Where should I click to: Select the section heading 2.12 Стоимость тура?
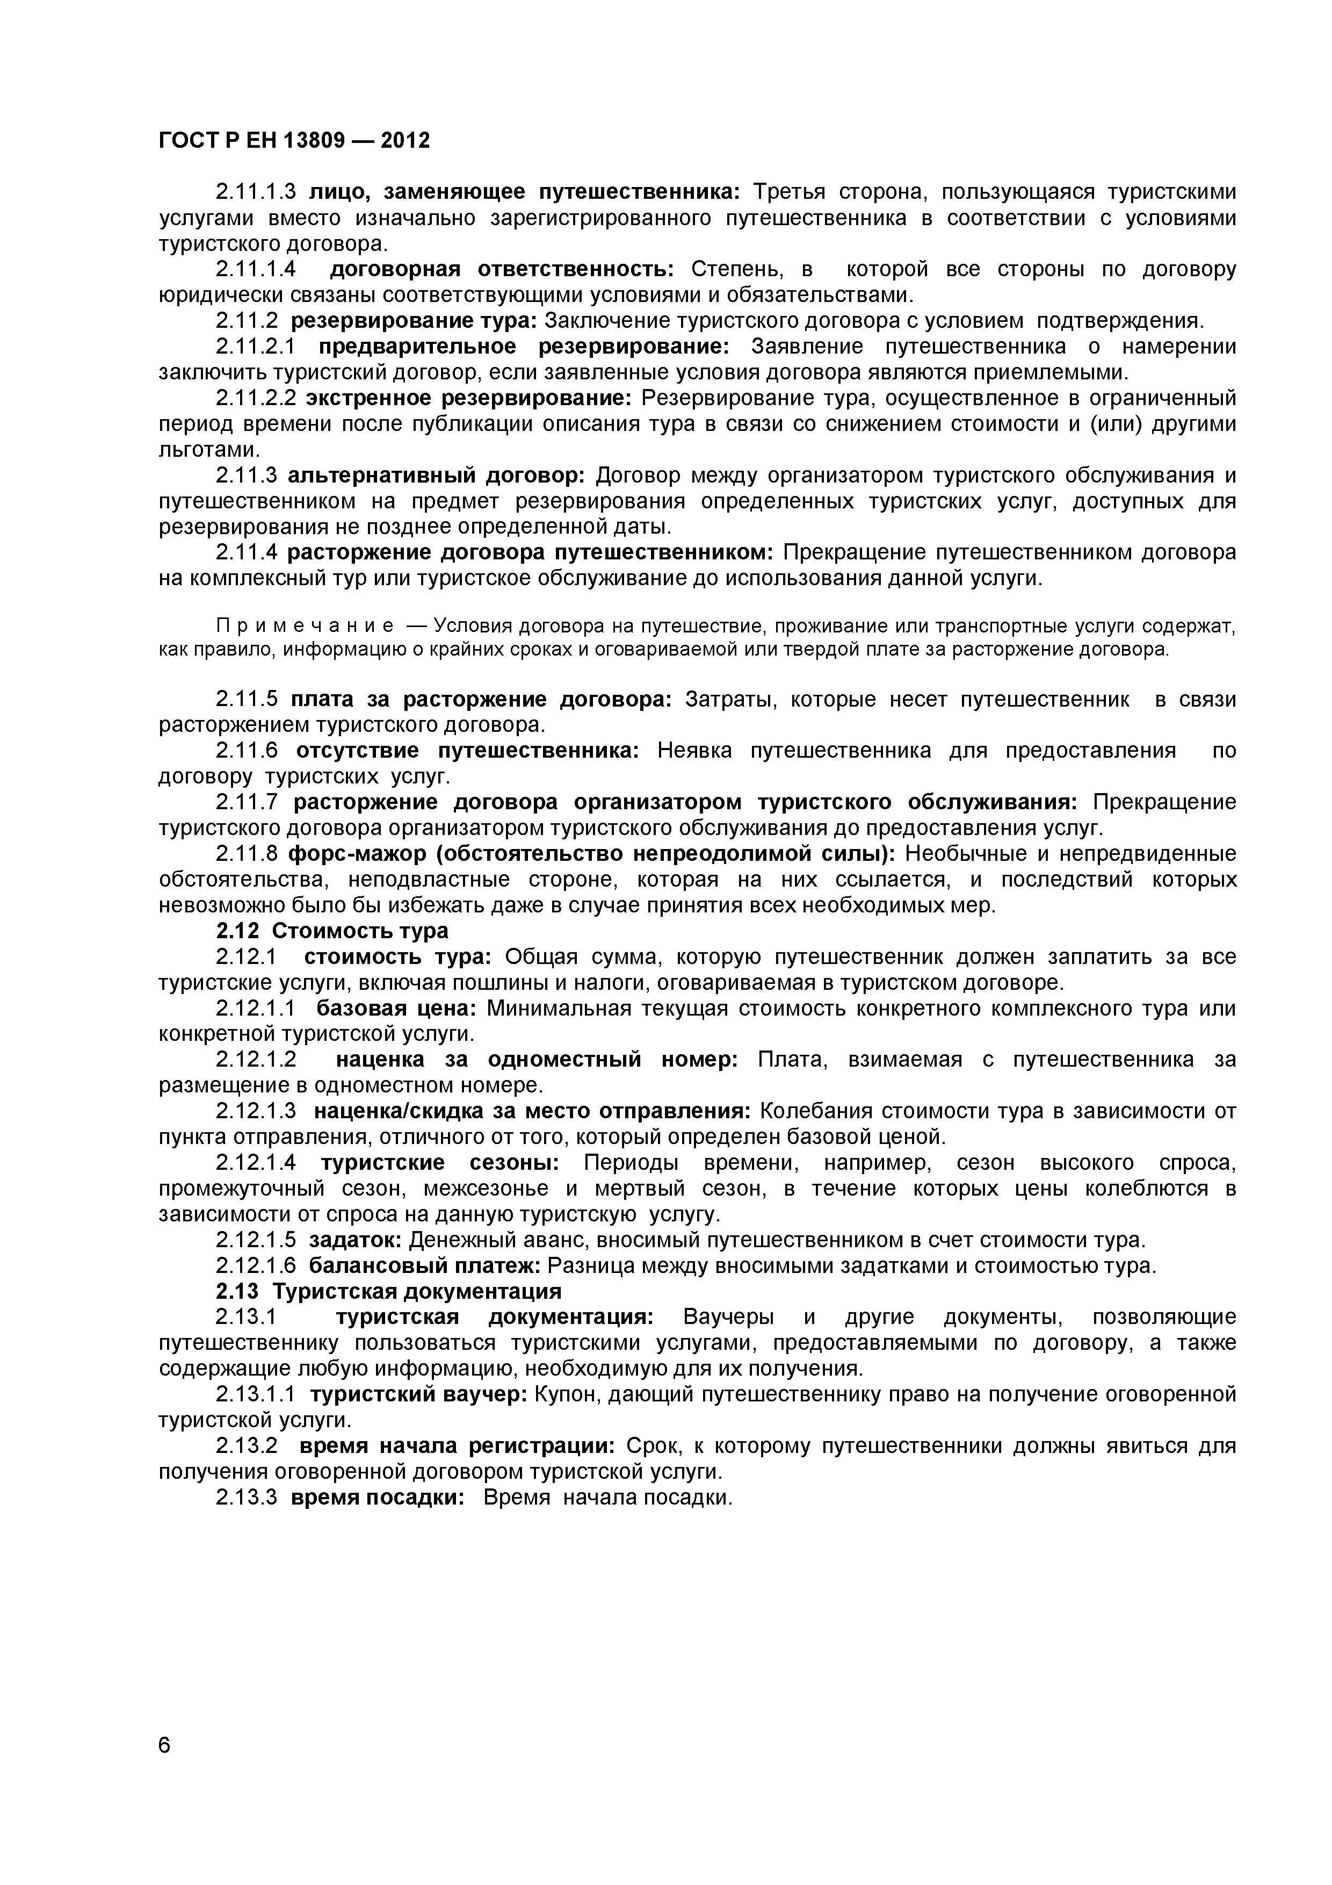point(332,931)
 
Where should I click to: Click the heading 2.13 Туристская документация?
point(389,1291)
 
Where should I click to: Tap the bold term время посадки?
point(378,1498)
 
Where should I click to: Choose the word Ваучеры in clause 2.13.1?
point(729,1317)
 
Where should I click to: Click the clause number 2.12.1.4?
point(255,1162)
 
